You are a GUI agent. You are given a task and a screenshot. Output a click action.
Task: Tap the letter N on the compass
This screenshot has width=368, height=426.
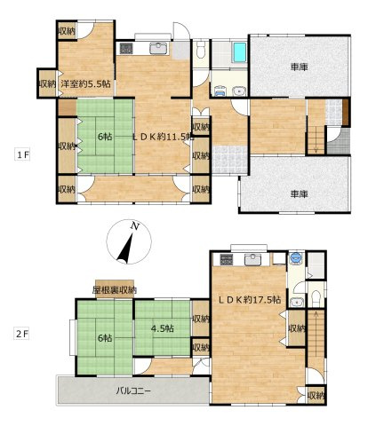133,227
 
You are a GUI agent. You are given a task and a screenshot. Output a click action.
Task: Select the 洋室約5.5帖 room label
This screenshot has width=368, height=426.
85,84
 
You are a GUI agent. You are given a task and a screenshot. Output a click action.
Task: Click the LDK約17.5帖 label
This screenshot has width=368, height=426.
249,300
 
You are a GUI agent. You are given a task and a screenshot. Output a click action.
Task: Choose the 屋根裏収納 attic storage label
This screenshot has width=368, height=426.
115,290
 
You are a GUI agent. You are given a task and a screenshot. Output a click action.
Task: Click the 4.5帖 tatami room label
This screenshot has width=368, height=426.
162,328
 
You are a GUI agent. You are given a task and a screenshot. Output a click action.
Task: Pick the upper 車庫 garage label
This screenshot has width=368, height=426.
299,67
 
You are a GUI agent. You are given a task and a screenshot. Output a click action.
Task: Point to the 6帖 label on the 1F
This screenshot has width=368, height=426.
105,137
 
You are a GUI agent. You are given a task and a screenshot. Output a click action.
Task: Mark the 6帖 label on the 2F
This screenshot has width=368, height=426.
105,338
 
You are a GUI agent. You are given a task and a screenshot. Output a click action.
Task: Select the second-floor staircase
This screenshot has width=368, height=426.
317,337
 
